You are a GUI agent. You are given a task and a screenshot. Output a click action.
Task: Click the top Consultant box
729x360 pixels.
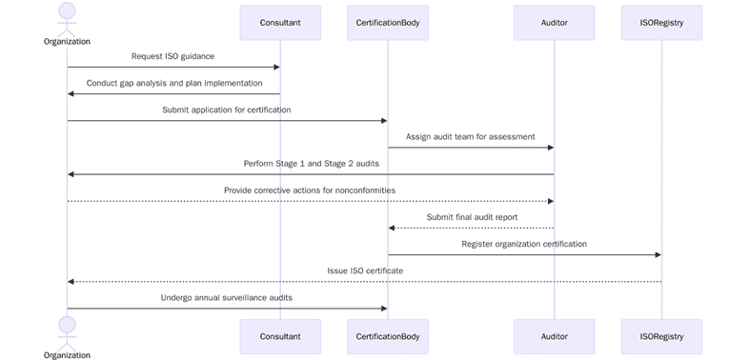click(x=280, y=23)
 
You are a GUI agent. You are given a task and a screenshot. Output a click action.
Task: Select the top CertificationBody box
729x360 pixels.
click(x=387, y=23)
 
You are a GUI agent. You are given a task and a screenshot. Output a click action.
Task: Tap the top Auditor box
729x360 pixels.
click(x=554, y=23)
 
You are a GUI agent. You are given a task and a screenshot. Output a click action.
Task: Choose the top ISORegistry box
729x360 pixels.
click(x=661, y=23)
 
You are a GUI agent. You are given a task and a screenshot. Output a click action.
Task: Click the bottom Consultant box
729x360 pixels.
click(x=280, y=336)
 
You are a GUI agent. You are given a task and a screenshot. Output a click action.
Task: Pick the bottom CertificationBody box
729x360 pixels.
click(x=387, y=336)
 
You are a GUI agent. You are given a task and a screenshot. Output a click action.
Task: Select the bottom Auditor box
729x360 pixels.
click(x=554, y=336)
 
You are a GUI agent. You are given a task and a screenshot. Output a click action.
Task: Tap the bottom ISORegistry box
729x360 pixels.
click(x=661, y=336)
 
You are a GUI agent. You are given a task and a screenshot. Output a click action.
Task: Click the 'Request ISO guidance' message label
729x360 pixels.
click(x=172, y=56)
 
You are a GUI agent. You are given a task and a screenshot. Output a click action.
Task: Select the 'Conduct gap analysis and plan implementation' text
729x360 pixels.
click(x=174, y=83)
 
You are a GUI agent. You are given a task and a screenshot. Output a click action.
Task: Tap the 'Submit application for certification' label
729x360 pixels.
click(x=227, y=110)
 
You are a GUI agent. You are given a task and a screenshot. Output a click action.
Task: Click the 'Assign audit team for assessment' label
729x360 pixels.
click(x=471, y=136)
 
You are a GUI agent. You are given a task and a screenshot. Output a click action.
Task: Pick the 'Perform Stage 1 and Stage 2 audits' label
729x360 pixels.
click(x=311, y=164)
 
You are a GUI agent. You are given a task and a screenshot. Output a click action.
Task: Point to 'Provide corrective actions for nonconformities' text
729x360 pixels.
click(x=310, y=190)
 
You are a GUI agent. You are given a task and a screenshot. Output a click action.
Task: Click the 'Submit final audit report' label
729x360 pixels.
click(x=472, y=217)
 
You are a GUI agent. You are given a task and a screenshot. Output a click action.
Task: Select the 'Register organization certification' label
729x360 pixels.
click(x=524, y=244)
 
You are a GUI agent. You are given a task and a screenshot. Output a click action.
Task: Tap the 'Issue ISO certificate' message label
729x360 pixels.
click(x=365, y=270)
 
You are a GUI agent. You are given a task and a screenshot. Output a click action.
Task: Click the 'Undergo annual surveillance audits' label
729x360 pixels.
click(x=227, y=297)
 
